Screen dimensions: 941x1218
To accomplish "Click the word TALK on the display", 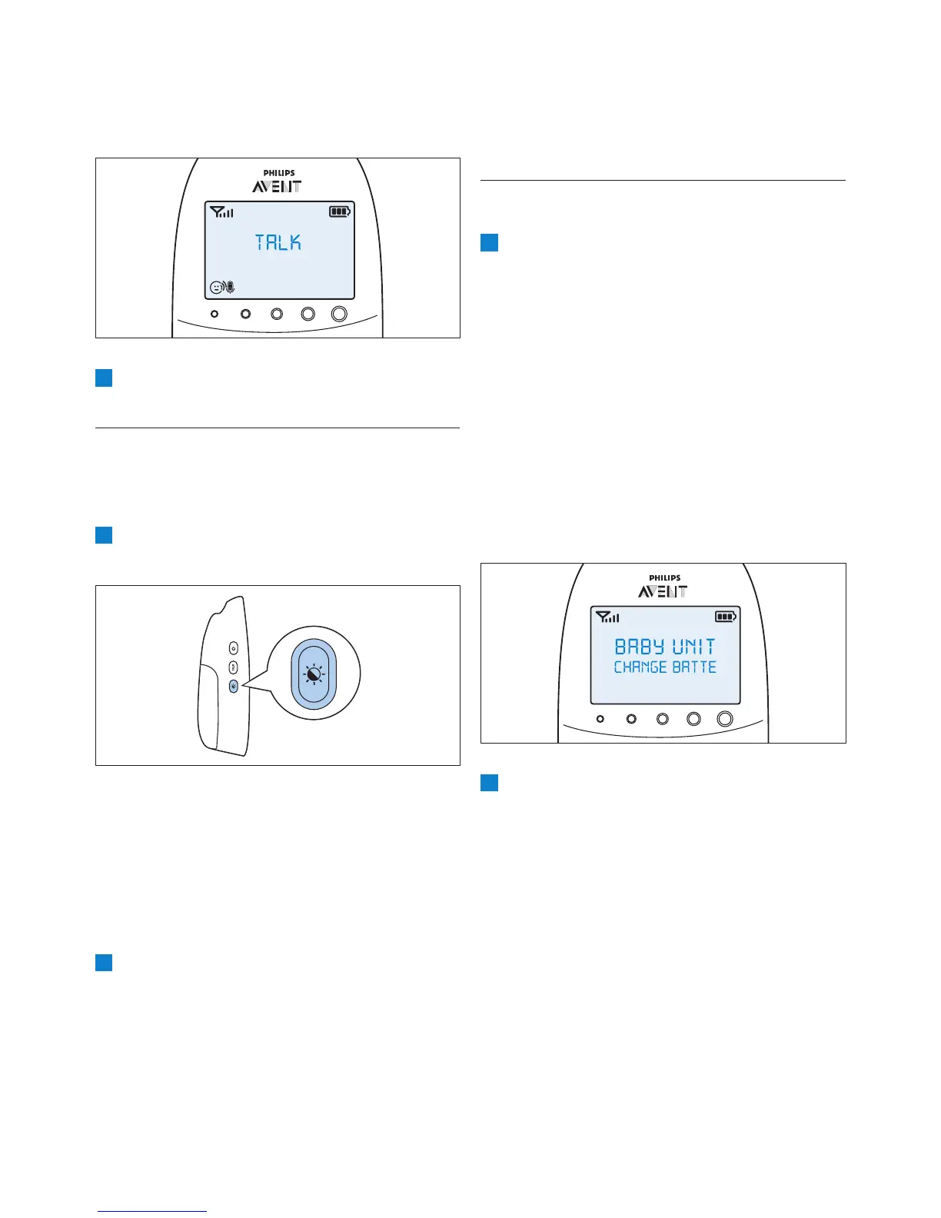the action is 278,243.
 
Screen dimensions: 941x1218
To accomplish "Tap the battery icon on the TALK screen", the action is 340,211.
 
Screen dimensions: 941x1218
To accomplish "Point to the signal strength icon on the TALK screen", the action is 221,211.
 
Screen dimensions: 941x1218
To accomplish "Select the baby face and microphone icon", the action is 222,288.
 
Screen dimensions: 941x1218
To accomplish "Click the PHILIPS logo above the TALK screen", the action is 279,173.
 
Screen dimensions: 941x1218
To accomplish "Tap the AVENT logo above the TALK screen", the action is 278,186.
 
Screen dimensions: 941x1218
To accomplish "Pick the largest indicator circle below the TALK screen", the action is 339,314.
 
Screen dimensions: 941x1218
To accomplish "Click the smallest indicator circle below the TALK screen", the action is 214,314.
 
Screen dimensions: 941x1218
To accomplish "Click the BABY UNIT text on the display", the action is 665,647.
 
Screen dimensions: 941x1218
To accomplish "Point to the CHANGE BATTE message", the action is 665,667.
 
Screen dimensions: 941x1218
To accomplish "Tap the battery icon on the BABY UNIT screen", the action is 726,616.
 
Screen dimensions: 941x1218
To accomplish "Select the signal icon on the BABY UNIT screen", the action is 607,617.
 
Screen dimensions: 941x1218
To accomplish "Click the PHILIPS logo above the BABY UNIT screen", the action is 664,578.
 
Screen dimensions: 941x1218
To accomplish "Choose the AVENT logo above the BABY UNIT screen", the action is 663,591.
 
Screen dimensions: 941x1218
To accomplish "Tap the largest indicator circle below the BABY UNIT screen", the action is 724,719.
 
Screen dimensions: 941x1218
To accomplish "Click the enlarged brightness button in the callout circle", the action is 314,674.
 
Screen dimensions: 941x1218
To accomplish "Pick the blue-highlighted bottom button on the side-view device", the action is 234,685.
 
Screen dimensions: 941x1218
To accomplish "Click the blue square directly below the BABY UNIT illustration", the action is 490,783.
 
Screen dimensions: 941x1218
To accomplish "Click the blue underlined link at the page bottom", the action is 152,1211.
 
